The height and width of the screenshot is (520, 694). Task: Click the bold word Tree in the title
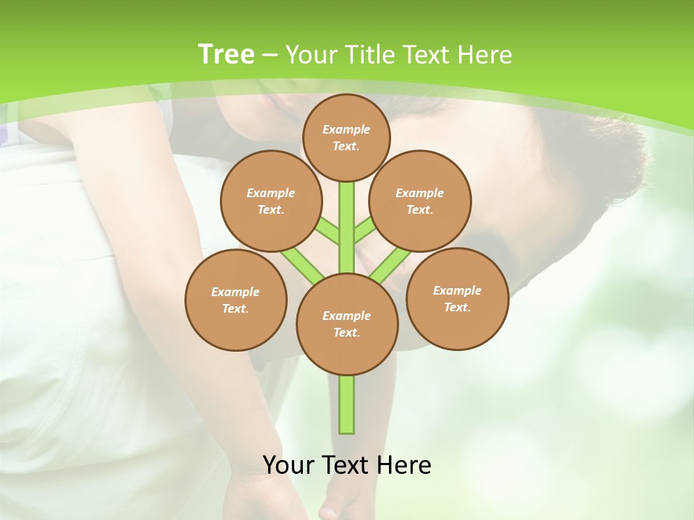point(226,54)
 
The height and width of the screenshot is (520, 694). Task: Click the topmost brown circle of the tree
point(346,137)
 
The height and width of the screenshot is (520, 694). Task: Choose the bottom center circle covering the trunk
point(347,324)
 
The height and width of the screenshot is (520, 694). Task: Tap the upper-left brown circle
point(270,201)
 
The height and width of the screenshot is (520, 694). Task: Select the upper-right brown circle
point(420,201)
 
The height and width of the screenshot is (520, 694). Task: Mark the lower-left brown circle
point(236,300)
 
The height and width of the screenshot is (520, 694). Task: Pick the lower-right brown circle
point(458,298)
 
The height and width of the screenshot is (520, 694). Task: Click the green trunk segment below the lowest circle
point(347,404)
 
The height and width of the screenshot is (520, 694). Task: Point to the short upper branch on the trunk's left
point(327,231)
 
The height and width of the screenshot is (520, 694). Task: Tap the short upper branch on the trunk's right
point(364,231)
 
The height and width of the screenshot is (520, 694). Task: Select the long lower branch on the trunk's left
point(302,264)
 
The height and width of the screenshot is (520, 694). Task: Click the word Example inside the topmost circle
point(346,129)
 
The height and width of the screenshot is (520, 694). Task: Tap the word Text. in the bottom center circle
point(346,332)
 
